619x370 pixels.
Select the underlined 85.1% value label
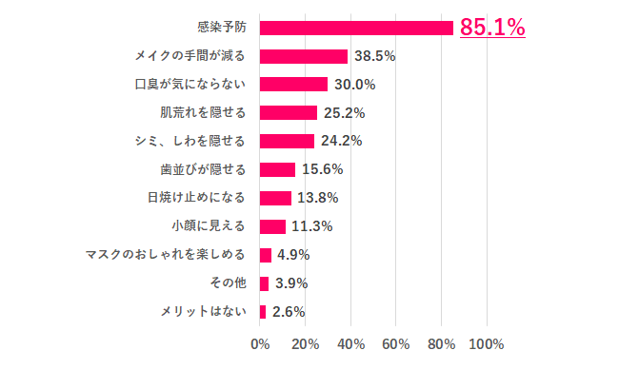pos(492,28)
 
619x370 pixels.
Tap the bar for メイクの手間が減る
pos(303,56)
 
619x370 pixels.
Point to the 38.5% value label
pos(375,56)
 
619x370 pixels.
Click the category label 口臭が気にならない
pos(190,85)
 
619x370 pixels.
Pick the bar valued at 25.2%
pos(288,113)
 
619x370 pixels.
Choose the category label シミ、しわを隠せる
pos(190,142)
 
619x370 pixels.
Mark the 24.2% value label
pos(342,142)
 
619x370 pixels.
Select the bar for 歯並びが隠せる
pos(277,169)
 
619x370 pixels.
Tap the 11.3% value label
pos(312,226)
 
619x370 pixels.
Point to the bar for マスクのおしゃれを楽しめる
pos(266,255)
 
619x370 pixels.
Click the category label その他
pos(227,283)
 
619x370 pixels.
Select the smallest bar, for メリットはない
pos(263,311)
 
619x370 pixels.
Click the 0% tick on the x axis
pos(260,342)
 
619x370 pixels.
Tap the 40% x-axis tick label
pos(351,342)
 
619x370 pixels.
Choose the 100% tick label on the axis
pos(488,342)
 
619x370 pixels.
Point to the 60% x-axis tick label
pos(397,342)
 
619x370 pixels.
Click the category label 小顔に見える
pos(209,226)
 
